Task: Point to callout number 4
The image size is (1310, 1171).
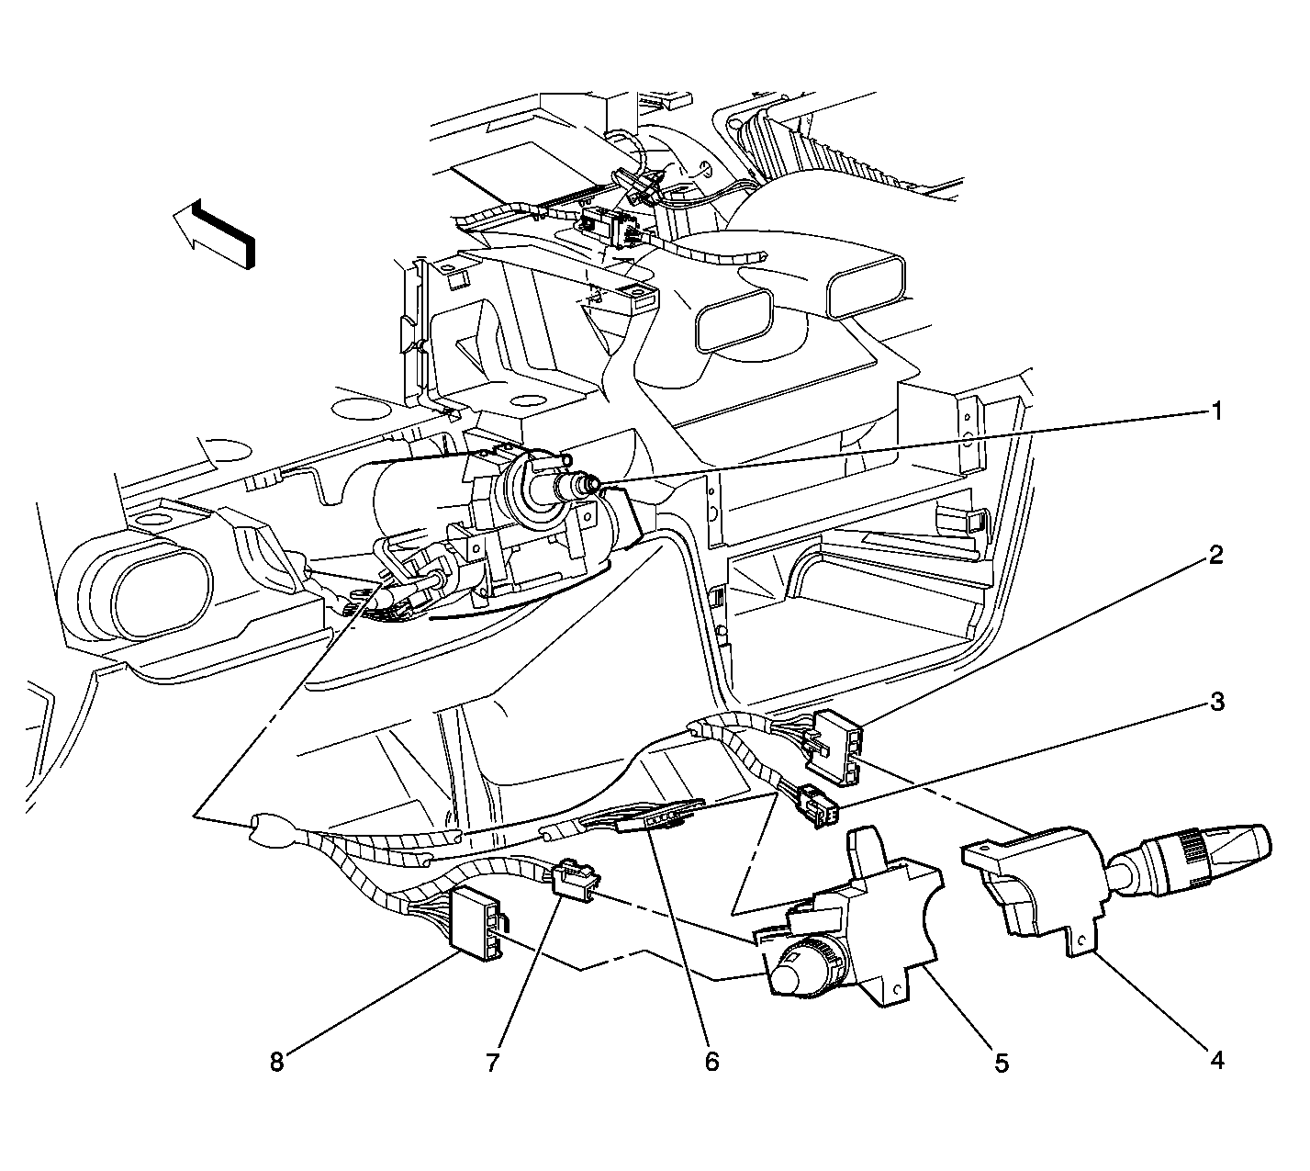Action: [x=1215, y=1061]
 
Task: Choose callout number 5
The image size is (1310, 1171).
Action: [x=1001, y=1063]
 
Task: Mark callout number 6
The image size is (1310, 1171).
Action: [x=711, y=1063]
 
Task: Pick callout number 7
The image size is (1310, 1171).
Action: [x=492, y=1063]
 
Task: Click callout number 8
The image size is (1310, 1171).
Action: [x=276, y=1063]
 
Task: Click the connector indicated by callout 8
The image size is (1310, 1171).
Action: [x=476, y=922]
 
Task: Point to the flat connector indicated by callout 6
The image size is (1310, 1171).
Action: [x=656, y=816]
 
